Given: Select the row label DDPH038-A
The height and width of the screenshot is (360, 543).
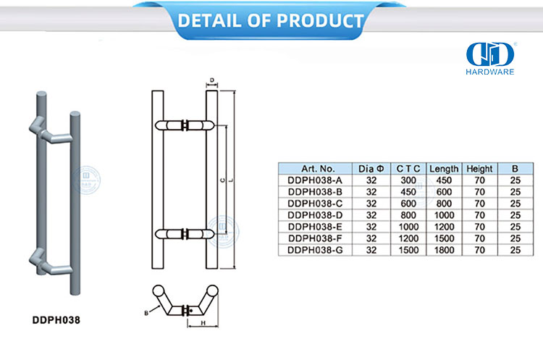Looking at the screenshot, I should coord(316,180).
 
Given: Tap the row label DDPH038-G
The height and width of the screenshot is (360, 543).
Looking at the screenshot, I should coord(316,250).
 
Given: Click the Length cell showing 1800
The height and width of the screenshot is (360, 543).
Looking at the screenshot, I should coord(445,250).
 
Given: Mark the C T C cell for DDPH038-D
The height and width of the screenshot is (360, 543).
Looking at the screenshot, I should coord(408,215).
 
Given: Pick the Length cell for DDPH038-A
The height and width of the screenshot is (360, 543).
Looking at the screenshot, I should coord(445,180).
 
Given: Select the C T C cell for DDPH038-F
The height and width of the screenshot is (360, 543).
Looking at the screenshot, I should coord(408,238).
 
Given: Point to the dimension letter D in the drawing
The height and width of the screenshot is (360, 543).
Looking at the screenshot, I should coord(211,81).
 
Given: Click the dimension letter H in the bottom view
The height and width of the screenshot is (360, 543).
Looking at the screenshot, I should coord(205,323).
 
